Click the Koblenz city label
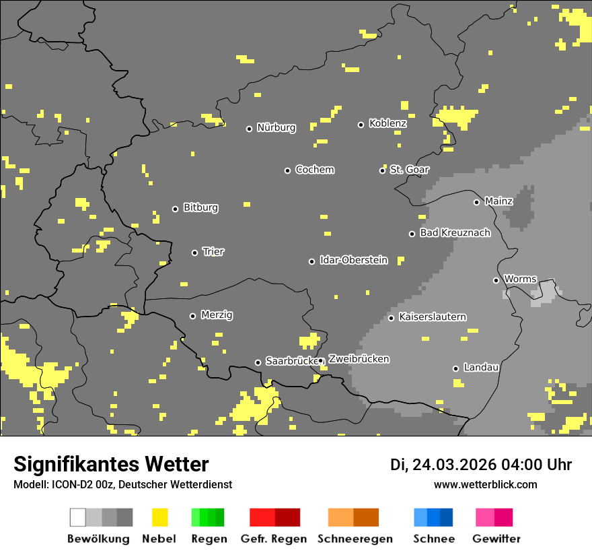[x=387, y=123]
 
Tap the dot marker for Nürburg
[x=249, y=129]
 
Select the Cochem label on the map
[x=315, y=170]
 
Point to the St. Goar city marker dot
[x=382, y=170]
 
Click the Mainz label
[x=498, y=201]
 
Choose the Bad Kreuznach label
[x=455, y=233]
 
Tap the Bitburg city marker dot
[x=175, y=209]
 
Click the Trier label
[x=213, y=252]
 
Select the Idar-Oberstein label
[x=354, y=260]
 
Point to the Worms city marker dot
[x=496, y=280]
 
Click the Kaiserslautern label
[x=432, y=317]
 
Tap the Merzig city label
[x=217, y=315]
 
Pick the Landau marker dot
[x=455, y=368]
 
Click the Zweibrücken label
[x=359, y=360]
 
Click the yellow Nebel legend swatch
[x=159, y=517]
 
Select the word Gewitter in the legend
[x=496, y=539]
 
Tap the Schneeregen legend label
[x=355, y=539]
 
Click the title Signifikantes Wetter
[x=111, y=464]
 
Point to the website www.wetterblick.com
[x=485, y=485]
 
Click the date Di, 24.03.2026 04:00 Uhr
[x=481, y=465]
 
